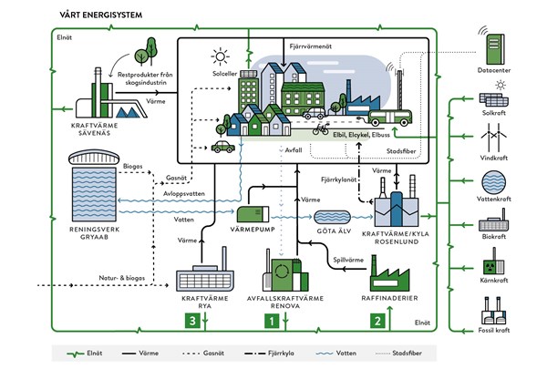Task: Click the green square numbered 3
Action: click(x=191, y=320)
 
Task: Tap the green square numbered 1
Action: click(x=270, y=320)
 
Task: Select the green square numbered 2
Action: click(x=377, y=320)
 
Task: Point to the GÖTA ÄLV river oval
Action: click(x=335, y=217)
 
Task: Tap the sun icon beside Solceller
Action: click(x=216, y=55)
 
